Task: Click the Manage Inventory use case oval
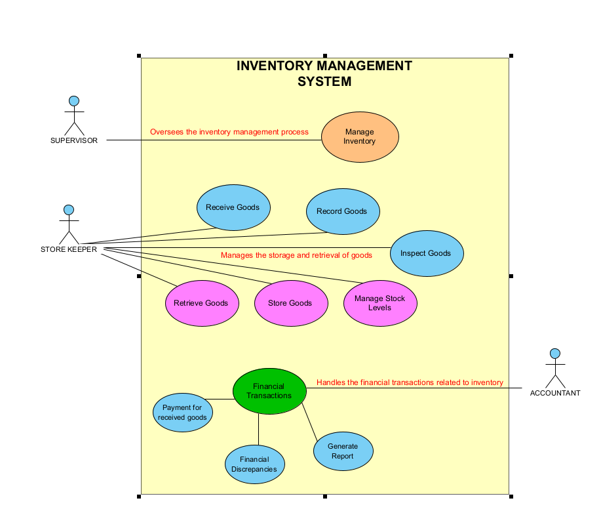point(360,136)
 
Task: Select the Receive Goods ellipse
point(233,207)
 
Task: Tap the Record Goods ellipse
point(342,211)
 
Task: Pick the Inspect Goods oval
point(426,253)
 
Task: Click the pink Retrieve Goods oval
point(201,303)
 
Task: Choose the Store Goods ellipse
point(290,303)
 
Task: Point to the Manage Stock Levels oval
point(380,302)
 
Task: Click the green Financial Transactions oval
point(269,391)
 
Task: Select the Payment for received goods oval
point(183,413)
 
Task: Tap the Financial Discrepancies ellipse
point(254,464)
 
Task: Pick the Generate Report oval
point(343,451)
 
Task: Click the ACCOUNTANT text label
point(555,394)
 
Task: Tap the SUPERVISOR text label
point(74,140)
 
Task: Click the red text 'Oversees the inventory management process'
point(229,132)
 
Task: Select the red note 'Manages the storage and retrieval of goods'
point(296,255)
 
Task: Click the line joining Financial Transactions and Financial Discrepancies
point(258,430)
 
